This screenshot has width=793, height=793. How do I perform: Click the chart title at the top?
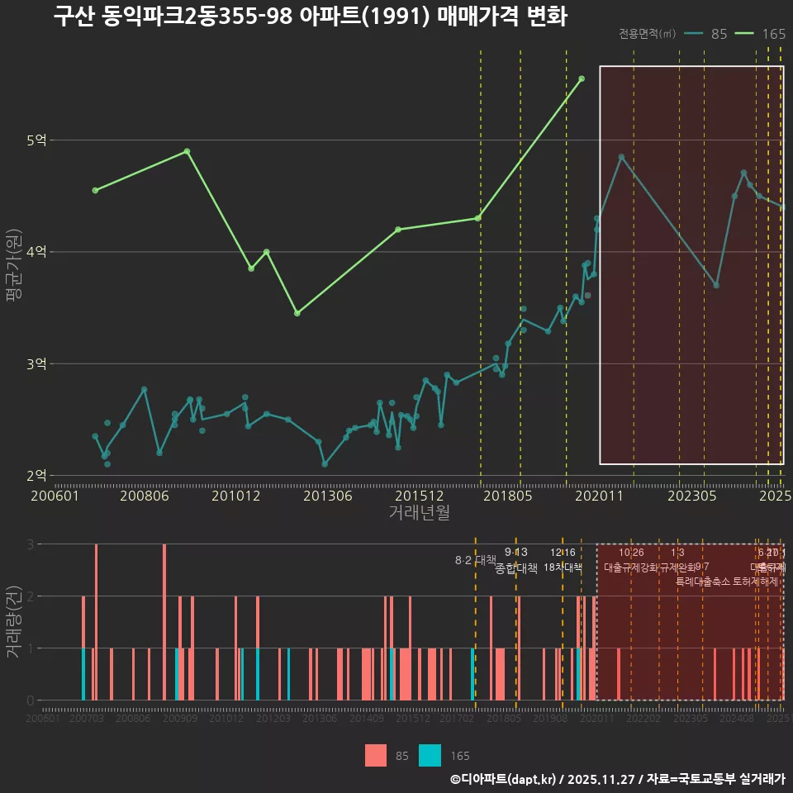tap(311, 17)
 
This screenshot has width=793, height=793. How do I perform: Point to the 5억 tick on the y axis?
tap(36, 140)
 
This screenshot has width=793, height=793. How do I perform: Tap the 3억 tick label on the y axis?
tap(36, 363)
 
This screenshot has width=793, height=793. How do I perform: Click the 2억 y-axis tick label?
tap(36, 475)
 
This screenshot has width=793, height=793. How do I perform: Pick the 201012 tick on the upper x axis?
tap(236, 496)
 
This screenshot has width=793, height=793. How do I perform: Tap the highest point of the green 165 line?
tap(582, 78)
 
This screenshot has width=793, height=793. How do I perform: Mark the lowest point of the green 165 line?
tap(297, 313)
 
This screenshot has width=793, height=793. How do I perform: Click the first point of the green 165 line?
tap(95, 190)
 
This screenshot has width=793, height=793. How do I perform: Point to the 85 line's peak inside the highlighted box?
tap(621, 157)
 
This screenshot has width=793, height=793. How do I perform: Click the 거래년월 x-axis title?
tap(419, 513)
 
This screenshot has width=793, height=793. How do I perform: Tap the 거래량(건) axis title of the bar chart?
tap(13, 622)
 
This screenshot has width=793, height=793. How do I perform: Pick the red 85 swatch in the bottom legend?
tap(376, 755)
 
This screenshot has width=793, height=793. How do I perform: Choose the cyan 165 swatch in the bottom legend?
tap(430, 755)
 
